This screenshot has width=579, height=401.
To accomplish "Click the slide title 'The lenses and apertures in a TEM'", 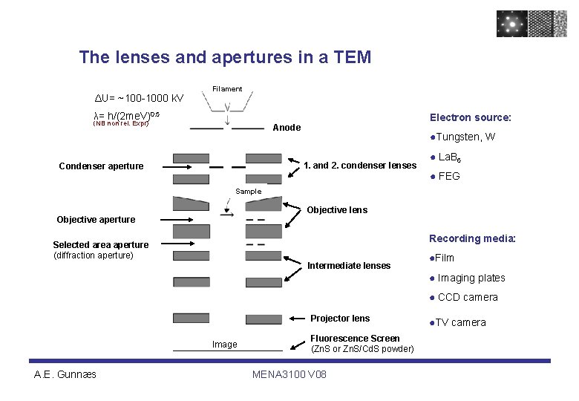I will [225, 57].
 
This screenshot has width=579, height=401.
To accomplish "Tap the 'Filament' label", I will [227, 89].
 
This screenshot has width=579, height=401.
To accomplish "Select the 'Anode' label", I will [287, 128].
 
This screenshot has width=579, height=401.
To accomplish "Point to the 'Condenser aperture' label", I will [101, 166].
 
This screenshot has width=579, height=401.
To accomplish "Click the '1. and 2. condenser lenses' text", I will [360, 165].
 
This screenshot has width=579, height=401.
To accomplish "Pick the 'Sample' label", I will [248, 192].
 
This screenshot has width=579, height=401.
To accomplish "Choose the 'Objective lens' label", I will [337, 210].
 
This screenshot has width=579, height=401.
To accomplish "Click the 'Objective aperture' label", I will [96, 220].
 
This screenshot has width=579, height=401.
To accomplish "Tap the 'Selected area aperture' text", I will [100, 245].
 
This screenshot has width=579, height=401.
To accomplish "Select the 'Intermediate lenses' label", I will [349, 266].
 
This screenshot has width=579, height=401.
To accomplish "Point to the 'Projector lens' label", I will [340, 319].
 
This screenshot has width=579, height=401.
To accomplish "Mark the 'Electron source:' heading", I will [471, 117].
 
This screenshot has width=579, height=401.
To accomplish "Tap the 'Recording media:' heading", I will [472, 238].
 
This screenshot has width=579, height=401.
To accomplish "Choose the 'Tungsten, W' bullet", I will [465, 137].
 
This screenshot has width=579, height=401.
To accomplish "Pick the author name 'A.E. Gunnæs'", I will [65, 374].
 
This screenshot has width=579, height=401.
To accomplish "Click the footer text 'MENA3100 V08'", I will [289, 374].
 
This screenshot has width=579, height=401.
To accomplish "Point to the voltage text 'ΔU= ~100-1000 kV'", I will [139, 99].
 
